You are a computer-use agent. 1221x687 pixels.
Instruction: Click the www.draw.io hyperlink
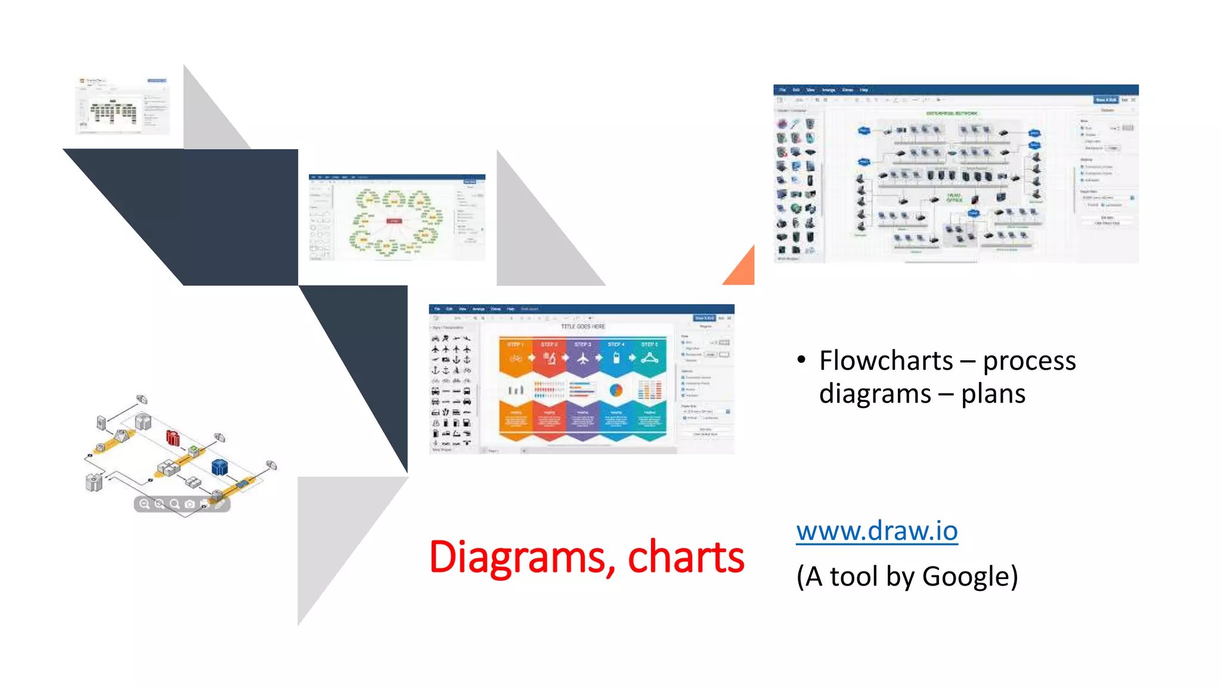[x=876, y=530]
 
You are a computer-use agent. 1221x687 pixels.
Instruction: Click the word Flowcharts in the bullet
[x=886, y=361]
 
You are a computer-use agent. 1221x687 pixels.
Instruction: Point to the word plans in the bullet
[x=993, y=394]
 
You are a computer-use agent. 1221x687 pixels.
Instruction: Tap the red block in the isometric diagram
[x=173, y=438]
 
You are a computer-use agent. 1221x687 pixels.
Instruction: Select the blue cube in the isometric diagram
[x=219, y=466]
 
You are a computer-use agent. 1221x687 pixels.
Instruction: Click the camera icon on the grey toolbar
[x=190, y=504]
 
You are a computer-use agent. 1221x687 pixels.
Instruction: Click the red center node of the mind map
[x=394, y=221]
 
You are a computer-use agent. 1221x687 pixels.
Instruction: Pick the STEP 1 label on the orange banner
[x=515, y=345]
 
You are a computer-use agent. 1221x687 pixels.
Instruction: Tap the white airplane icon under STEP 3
[x=582, y=358]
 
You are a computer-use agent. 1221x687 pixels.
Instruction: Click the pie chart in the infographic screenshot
[x=616, y=391]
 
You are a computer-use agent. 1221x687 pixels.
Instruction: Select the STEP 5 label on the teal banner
[x=649, y=345]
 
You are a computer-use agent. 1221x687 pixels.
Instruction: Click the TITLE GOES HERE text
[x=582, y=327]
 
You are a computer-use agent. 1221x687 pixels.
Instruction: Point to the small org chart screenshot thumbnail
[x=122, y=106]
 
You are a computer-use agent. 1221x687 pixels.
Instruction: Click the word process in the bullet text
[x=1029, y=361]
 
